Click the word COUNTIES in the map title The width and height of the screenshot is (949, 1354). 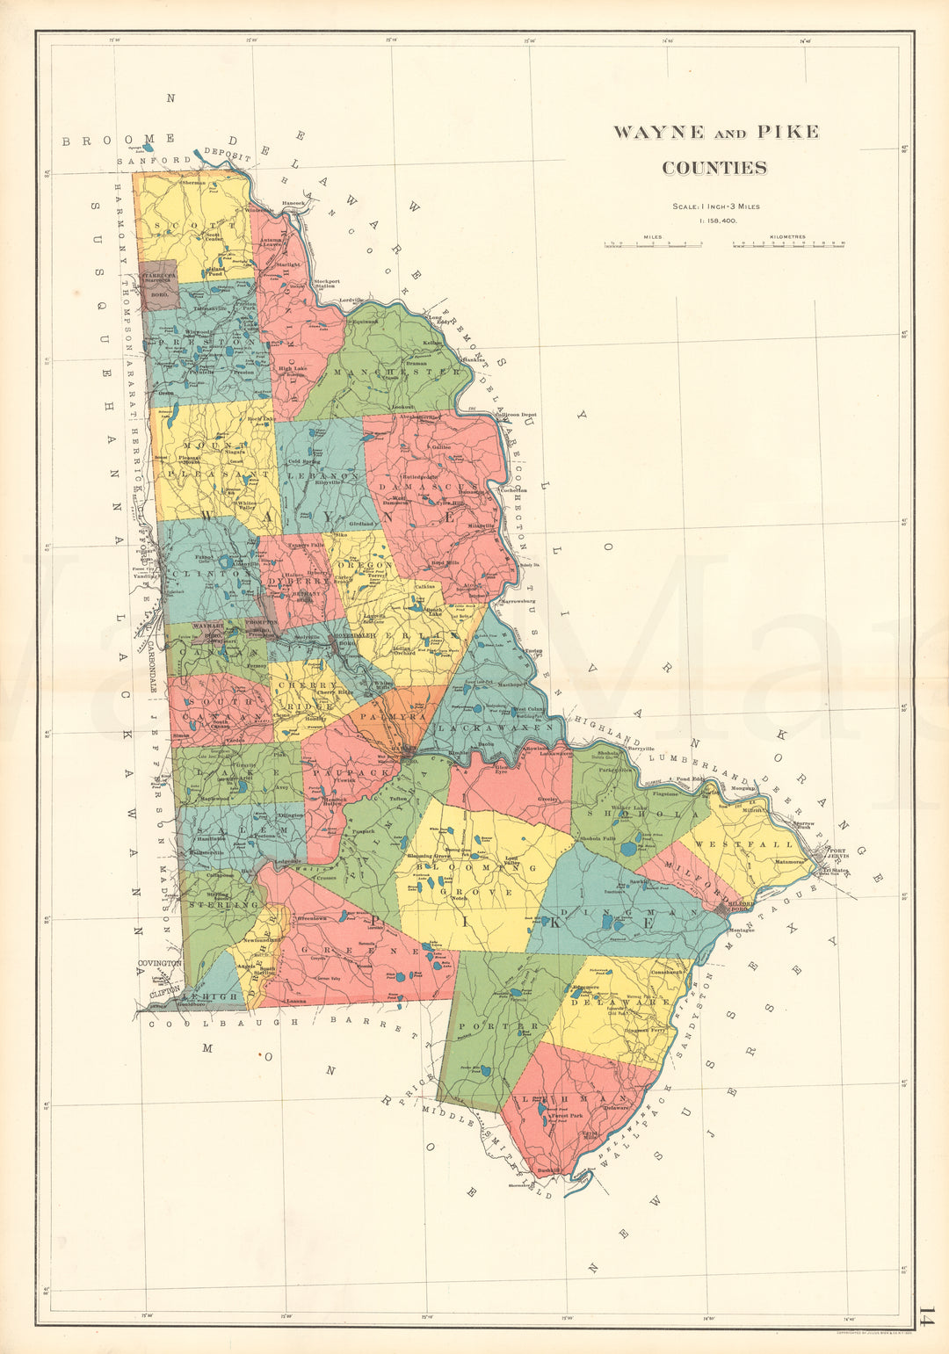point(714,168)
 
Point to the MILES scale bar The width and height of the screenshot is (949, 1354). point(652,245)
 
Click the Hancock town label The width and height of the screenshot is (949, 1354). point(293,203)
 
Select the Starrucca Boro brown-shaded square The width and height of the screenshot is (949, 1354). point(160,284)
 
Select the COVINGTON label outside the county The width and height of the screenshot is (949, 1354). point(159,963)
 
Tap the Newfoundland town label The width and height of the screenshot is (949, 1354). point(263,940)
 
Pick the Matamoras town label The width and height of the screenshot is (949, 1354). point(790,862)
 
